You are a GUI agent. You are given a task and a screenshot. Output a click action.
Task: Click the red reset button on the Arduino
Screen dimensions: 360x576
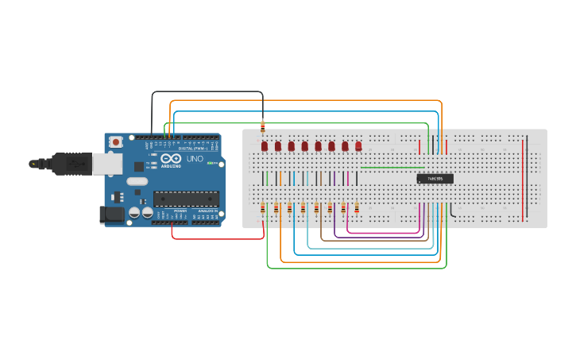tap(116, 142)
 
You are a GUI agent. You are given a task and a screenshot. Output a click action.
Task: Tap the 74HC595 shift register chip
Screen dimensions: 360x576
tap(435, 179)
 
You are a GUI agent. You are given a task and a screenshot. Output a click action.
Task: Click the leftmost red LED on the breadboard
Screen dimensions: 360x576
tap(265, 146)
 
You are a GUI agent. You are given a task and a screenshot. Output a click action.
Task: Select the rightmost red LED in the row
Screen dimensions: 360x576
tap(358, 146)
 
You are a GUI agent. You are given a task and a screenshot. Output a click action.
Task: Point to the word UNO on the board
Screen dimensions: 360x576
tap(195, 159)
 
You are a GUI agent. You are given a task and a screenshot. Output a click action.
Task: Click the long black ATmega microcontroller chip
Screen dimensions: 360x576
tap(186, 199)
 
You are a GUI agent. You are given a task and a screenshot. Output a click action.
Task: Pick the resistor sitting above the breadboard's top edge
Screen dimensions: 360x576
tap(263, 126)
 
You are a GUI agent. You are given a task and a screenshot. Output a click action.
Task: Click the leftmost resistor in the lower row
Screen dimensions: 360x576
tap(263, 208)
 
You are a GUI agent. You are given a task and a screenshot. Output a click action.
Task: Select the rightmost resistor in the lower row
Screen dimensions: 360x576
tap(357, 208)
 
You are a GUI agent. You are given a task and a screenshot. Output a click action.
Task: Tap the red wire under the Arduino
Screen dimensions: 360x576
tap(218, 238)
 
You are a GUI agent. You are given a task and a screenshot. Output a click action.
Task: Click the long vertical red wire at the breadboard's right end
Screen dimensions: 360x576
tap(523, 179)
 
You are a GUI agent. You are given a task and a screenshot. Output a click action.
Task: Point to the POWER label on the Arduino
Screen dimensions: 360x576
tap(180, 211)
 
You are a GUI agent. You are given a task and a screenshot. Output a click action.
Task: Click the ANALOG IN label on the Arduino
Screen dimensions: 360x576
tap(206, 211)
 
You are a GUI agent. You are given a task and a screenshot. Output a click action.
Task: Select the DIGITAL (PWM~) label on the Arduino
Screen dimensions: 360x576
tap(193, 148)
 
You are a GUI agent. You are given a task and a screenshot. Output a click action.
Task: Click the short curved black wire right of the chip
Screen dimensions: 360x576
tap(452, 211)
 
